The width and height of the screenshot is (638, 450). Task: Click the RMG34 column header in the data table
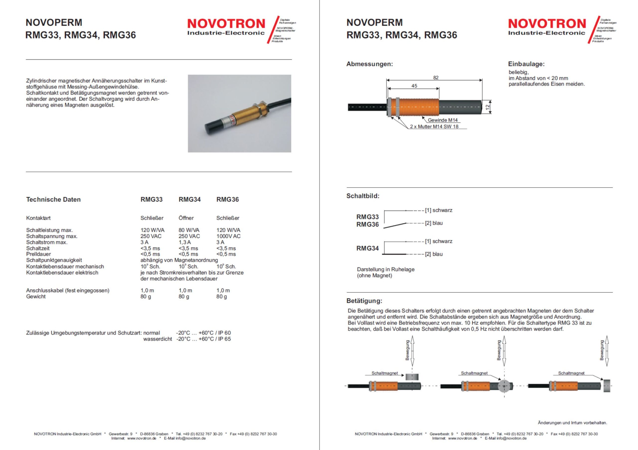coord(189,199)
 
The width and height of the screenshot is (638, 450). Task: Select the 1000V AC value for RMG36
coord(229,236)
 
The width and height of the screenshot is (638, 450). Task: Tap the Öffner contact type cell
coord(186,218)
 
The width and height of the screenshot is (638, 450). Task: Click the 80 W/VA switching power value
coord(189,230)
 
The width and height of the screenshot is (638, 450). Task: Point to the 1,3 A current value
coord(184,242)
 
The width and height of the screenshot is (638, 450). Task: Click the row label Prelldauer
coord(38,254)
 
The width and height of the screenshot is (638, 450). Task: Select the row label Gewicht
coord(36,297)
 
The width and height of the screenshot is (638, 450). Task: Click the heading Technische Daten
coord(53,199)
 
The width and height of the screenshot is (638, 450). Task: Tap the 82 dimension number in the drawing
coord(436,78)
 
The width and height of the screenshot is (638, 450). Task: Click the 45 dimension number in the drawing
coord(414,86)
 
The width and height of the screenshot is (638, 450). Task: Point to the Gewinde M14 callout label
coord(443,120)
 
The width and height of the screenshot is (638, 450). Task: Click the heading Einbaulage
coord(526,64)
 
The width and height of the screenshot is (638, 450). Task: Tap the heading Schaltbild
coord(363,196)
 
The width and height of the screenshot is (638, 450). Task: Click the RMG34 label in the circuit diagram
coord(367,248)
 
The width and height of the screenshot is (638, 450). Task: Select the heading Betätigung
coord(364,301)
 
